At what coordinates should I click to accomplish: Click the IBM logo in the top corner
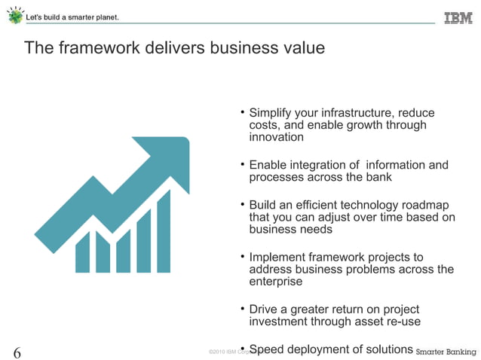(x=458, y=17)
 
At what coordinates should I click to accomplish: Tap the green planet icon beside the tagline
(x=15, y=17)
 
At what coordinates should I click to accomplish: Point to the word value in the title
(x=303, y=49)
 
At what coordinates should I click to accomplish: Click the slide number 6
(x=17, y=352)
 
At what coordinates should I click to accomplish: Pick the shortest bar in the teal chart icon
(x=83, y=252)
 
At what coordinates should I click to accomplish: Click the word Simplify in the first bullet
(x=272, y=113)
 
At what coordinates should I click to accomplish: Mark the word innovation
(x=276, y=137)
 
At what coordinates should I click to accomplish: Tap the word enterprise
(x=276, y=282)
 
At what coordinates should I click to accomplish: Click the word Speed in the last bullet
(x=265, y=349)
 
